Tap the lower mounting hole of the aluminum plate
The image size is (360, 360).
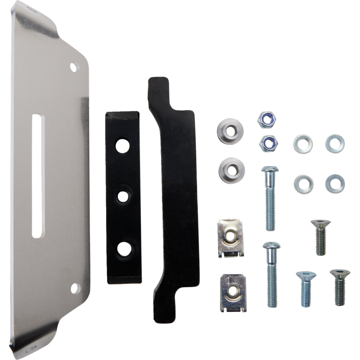(x=73, y=287)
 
